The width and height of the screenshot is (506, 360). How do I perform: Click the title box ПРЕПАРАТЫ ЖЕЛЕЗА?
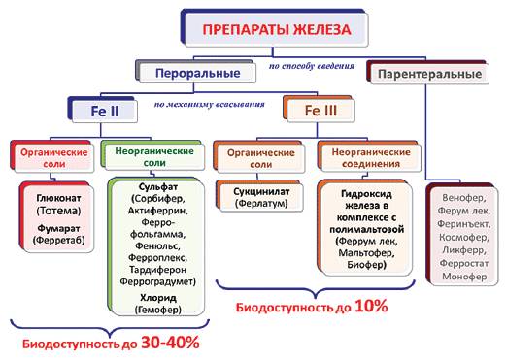276,30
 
